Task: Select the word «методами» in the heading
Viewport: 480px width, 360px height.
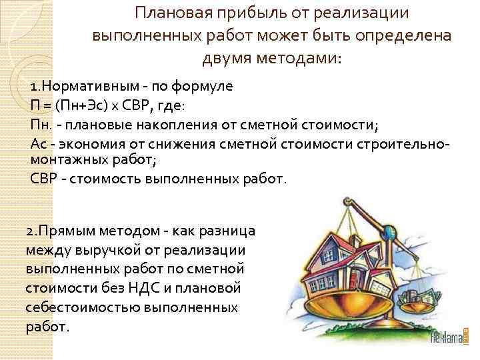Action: tap(303, 57)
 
